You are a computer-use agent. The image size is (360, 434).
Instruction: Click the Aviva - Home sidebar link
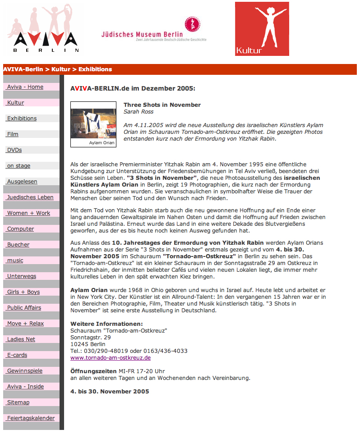coord(25,87)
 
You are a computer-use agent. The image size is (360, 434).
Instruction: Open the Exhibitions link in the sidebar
coord(22,119)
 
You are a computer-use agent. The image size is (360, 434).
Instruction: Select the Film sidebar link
coord(13,134)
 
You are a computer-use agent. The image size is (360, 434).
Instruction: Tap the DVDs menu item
coord(14,150)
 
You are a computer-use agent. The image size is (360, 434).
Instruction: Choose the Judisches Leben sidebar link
coord(30,197)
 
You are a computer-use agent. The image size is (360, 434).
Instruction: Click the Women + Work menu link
coord(28,213)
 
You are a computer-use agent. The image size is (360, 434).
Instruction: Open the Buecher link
coord(18,245)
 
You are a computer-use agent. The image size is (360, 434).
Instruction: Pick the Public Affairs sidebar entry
coord(24,308)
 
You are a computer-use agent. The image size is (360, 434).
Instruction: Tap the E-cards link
coord(17,355)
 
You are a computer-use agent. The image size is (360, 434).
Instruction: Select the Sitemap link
coord(18,402)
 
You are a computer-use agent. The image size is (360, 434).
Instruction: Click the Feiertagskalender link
coord(31,418)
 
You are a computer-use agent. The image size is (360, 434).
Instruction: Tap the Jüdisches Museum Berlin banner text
coord(142,34)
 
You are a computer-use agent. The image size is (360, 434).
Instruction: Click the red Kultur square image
coord(262,29)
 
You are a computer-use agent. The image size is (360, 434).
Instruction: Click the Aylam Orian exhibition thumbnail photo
coord(93,123)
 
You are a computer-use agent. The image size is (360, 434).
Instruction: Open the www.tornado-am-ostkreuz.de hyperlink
coord(111,358)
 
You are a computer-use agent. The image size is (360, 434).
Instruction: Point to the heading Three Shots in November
coord(162,105)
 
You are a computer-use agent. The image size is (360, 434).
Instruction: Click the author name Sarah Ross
coord(138,112)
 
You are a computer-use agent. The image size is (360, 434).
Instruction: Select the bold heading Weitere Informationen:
coord(106,324)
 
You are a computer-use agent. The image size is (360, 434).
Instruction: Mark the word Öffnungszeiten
coord(93,371)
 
